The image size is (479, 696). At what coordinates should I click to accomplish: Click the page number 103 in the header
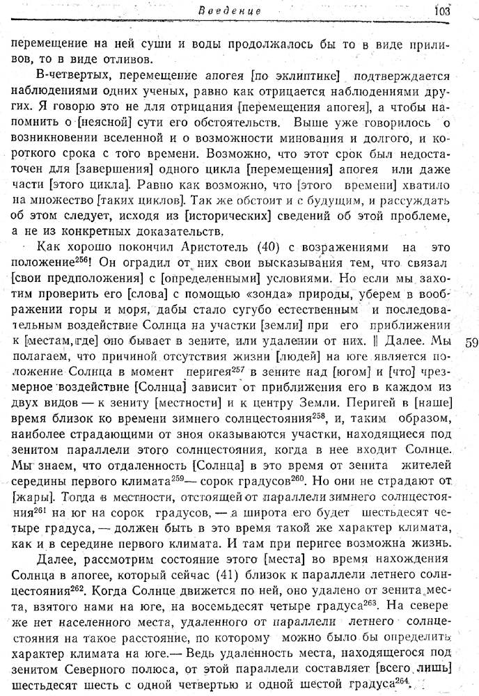442,10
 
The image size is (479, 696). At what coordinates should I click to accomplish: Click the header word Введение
239,11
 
